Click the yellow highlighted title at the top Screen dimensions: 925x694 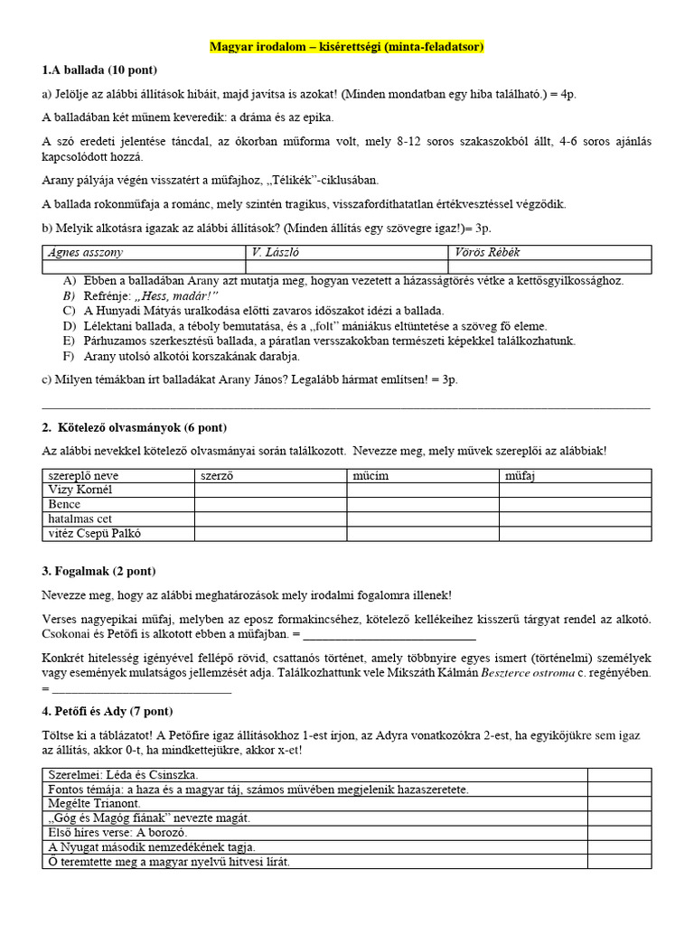coord(346,46)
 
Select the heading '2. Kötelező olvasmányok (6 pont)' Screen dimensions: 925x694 coord(135,427)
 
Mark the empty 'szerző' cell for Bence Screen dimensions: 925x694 coord(270,504)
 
